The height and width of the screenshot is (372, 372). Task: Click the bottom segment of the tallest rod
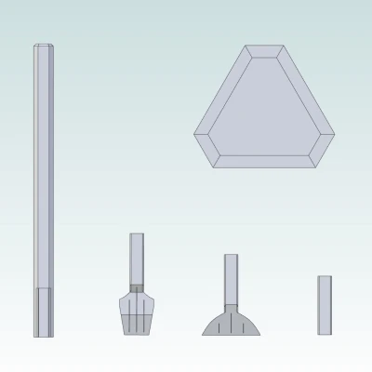(42, 312)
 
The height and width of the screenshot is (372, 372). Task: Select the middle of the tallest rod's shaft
(42, 167)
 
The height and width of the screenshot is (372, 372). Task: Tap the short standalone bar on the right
(325, 304)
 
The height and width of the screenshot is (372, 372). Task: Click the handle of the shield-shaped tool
(137, 259)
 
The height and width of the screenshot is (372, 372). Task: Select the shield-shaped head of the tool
(137, 312)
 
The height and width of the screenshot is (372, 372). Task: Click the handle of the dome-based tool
(230, 279)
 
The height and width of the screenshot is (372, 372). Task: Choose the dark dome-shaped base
(230, 323)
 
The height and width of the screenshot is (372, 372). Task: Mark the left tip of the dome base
(205, 332)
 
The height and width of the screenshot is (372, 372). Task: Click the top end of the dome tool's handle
(230, 257)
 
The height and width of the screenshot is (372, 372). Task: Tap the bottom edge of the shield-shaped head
(137, 332)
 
